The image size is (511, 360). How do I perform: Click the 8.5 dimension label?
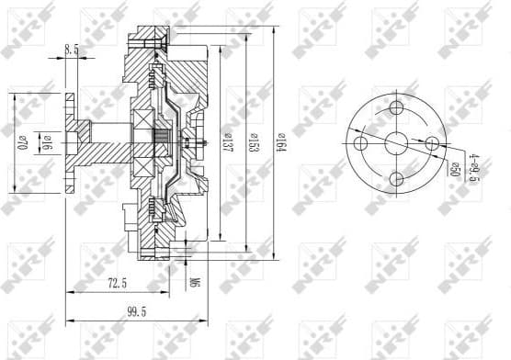tap(71, 51)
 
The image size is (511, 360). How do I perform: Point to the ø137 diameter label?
tap(224, 143)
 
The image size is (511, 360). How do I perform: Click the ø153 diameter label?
tap(251, 143)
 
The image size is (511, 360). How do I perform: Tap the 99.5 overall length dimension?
tap(138, 312)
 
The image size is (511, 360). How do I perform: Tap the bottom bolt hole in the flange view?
tap(396, 180)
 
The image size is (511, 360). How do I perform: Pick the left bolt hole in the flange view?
tap(360, 144)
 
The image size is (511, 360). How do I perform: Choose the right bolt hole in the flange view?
tap(431, 144)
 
